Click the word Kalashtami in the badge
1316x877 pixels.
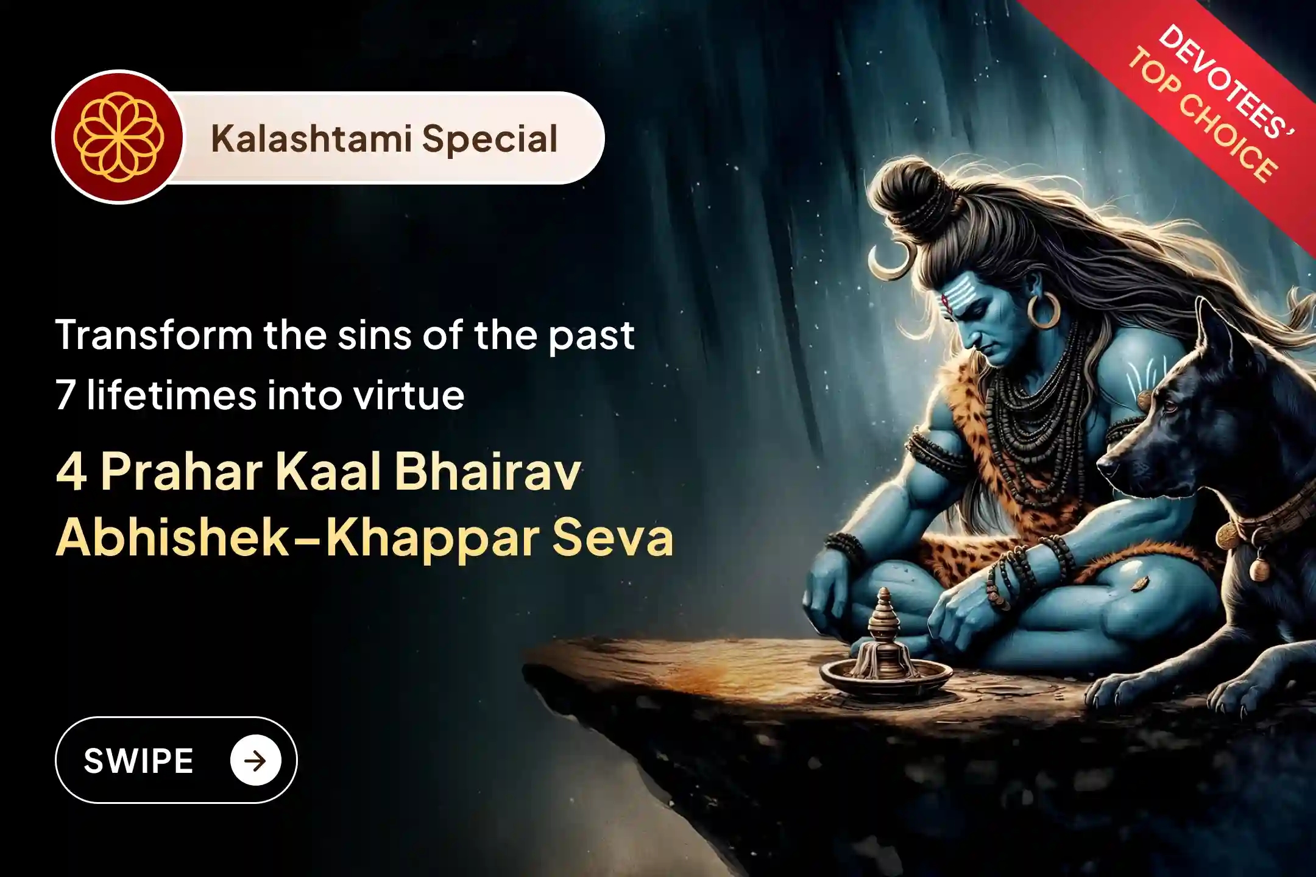pos(310,139)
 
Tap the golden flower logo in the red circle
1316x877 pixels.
pos(118,137)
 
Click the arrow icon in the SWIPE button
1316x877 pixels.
pos(255,760)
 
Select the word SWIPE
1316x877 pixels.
pos(139,761)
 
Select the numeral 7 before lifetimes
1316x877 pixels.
pos(65,396)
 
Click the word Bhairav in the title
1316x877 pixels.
pos(487,472)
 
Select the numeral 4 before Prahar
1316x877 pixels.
pos(71,473)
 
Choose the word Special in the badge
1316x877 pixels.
pos(489,139)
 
